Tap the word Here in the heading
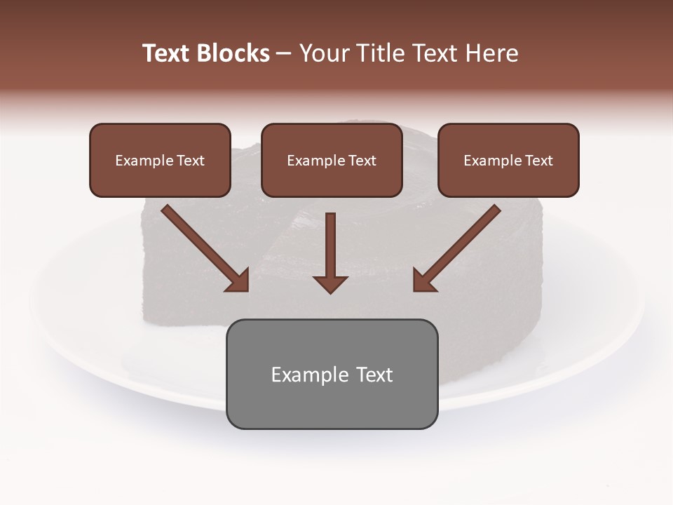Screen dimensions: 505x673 tap(492, 53)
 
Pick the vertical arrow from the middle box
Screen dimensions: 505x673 tap(330, 245)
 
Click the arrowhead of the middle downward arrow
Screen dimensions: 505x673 tap(330, 284)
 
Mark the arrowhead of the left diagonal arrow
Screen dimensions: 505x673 tap(239, 281)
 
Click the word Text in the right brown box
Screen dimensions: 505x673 tap(538, 161)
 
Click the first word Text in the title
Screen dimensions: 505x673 tap(166, 53)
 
